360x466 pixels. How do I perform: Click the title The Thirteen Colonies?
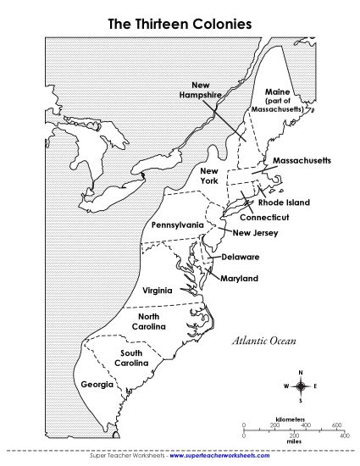[180, 25]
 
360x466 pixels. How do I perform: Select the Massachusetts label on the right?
[296, 160]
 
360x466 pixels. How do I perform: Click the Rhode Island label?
[284, 202]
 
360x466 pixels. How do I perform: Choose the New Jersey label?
[254, 233]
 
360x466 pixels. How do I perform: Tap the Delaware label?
[240, 257]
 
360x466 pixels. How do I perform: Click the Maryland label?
[238, 278]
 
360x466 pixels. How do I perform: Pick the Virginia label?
[158, 290]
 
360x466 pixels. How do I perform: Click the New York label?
[208, 176]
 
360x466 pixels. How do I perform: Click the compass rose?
[301, 386]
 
